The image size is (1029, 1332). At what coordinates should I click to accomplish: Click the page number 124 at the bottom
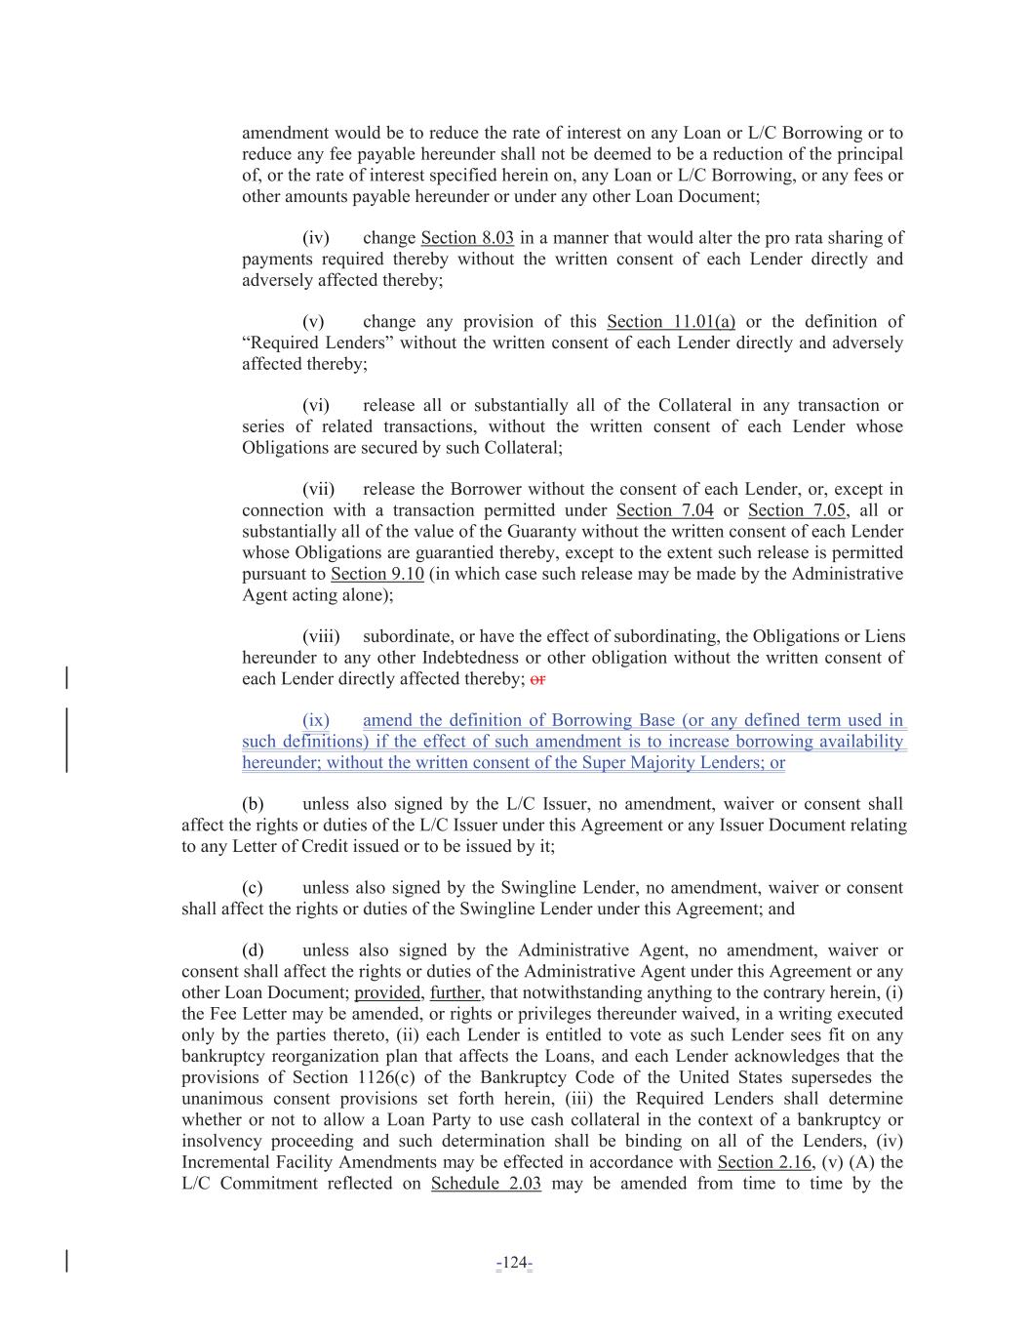(x=513, y=1264)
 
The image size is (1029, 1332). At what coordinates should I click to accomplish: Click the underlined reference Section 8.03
(x=467, y=238)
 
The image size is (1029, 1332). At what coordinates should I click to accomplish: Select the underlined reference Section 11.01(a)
(x=670, y=322)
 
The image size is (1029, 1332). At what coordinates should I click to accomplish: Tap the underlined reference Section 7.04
(x=664, y=510)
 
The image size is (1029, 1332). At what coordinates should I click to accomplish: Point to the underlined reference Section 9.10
(x=376, y=574)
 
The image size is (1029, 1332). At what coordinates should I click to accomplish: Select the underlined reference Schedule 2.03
(x=486, y=1184)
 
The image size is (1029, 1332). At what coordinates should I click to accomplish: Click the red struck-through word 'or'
(x=537, y=679)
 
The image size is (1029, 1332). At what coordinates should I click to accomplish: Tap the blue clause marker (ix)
(x=316, y=721)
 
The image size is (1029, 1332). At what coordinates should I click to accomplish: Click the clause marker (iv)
(x=315, y=238)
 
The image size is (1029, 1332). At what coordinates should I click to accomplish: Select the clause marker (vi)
(x=315, y=406)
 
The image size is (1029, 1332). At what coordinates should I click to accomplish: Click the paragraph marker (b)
(x=253, y=805)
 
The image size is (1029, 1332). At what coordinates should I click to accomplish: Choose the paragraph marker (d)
(x=253, y=950)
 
